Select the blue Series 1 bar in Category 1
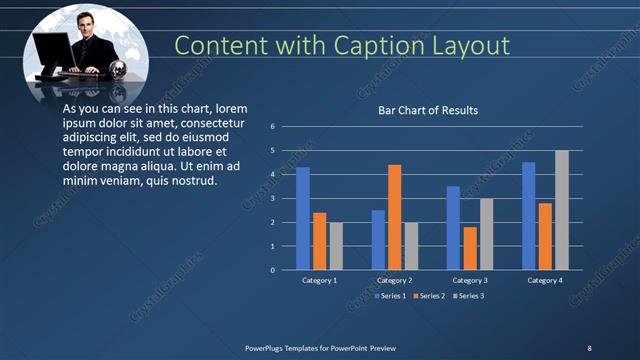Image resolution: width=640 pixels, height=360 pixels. (x=303, y=218)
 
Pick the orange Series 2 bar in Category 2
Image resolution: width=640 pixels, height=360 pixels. (x=394, y=216)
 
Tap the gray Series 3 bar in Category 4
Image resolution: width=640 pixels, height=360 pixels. (x=562, y=210)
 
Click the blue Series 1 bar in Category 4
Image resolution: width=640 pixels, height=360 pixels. (x=528, y=216)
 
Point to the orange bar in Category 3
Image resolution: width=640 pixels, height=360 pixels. (x=470, y=248)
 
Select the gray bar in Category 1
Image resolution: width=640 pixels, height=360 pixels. (x=336, y=246)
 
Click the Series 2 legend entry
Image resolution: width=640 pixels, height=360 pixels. (x=430, y=296)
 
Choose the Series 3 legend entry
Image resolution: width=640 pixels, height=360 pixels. (x=470, y=296)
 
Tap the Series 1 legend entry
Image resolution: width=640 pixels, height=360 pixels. (x=391, y=296)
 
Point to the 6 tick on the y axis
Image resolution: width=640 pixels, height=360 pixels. (x=271, y=126)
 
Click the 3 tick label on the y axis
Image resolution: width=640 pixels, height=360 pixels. (x=271, y=198)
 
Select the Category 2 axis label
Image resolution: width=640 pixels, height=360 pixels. (x=395, y=281)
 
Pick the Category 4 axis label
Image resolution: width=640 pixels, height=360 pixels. (x=545, y=281)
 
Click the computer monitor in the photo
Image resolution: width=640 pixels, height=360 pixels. (x=51, y=51)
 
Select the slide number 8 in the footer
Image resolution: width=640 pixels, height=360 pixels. (x=589, y=347)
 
